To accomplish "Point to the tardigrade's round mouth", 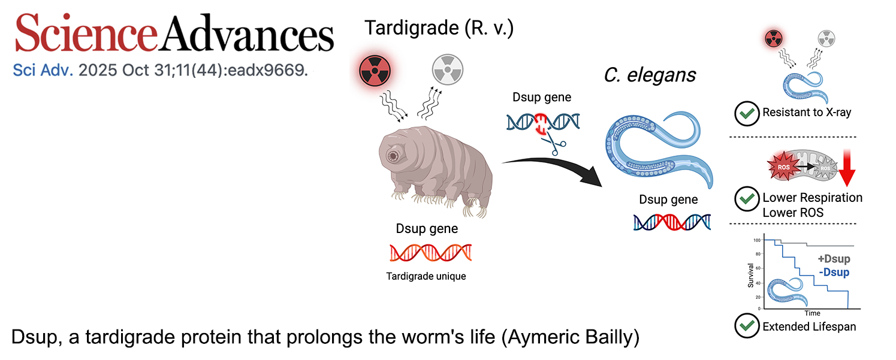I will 394,156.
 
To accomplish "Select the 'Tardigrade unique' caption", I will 427,277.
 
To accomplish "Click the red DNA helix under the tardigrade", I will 430,253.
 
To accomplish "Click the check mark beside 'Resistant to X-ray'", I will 746,113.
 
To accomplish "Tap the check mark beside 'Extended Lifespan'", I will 746,327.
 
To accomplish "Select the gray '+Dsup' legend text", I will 834,259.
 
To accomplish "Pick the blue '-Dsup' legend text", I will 834,273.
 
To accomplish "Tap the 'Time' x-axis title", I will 812,313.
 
